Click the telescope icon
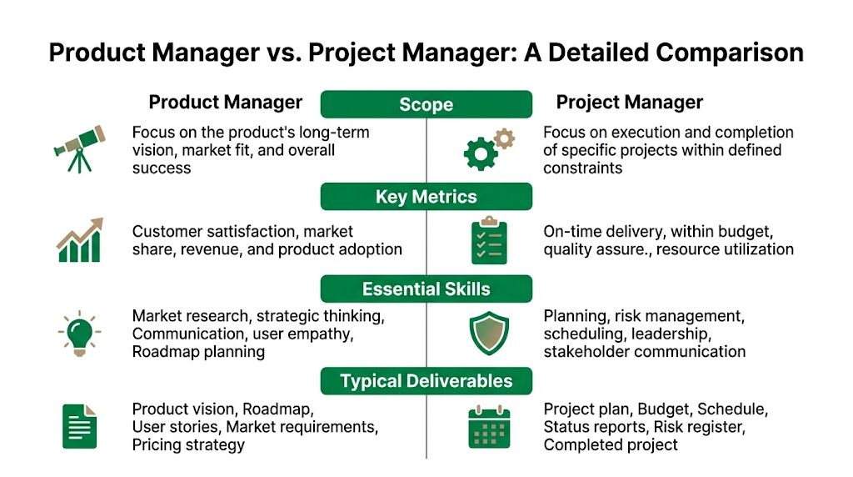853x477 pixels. click(x=79, y=148)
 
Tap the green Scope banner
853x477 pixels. click(x=426, y=104)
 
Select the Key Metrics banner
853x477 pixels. click(x=426, y=197)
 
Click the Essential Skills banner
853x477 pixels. click(x=426, y=289)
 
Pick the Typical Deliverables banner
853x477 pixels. click(x=426, y=382)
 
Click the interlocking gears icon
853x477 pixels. click(x=488, y=148)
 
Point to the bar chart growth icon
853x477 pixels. click(x=79, y=239)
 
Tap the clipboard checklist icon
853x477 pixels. click(x=488, y=240)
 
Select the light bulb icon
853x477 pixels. click(x=79, y=333)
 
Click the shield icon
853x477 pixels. click(x=488, y=333)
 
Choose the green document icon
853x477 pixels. click(x=79, y=425)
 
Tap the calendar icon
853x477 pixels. click(x=488, y=425)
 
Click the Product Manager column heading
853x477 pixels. click(x=225, y=103)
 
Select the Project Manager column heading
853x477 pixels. click(x=630, y=103)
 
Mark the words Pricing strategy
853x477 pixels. click(x=188, y=444)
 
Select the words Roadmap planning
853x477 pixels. click(x=198, y=352)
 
